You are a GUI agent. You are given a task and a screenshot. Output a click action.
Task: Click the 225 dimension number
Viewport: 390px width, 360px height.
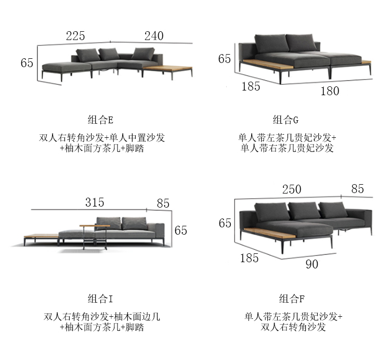(75, 36)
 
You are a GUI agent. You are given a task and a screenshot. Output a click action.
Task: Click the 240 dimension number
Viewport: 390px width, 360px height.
(153, 36)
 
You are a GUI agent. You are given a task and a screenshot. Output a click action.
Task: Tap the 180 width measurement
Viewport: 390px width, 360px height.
(330, 91)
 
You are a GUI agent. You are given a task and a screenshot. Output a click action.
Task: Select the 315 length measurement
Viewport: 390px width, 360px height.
(95, 202)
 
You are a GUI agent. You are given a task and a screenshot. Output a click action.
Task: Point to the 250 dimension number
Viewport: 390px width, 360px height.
(291, 189)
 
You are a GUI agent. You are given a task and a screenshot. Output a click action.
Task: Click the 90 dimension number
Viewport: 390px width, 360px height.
(311, 264)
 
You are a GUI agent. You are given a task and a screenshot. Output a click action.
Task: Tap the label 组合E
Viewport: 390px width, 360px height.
(100, 120)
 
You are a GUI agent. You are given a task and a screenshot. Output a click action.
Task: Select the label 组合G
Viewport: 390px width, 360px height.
(285, 120)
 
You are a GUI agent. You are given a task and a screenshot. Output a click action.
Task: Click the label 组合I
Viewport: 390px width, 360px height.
(100, 299)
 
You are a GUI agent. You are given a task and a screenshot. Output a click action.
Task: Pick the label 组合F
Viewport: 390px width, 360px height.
(291, 299)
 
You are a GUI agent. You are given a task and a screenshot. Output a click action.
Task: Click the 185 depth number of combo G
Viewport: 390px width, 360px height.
(251, 86)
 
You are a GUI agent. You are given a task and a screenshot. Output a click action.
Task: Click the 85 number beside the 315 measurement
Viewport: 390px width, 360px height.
(163, 203)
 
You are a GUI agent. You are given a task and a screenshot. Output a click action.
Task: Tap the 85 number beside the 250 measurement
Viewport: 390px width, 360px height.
(357, 189)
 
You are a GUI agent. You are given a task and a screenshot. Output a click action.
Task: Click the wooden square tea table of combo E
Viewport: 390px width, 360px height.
(166, 69)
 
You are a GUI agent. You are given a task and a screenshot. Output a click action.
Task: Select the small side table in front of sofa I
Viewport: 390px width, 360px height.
(95, 229)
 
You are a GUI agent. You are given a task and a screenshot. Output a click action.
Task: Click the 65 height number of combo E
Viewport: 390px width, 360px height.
(27, 63)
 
